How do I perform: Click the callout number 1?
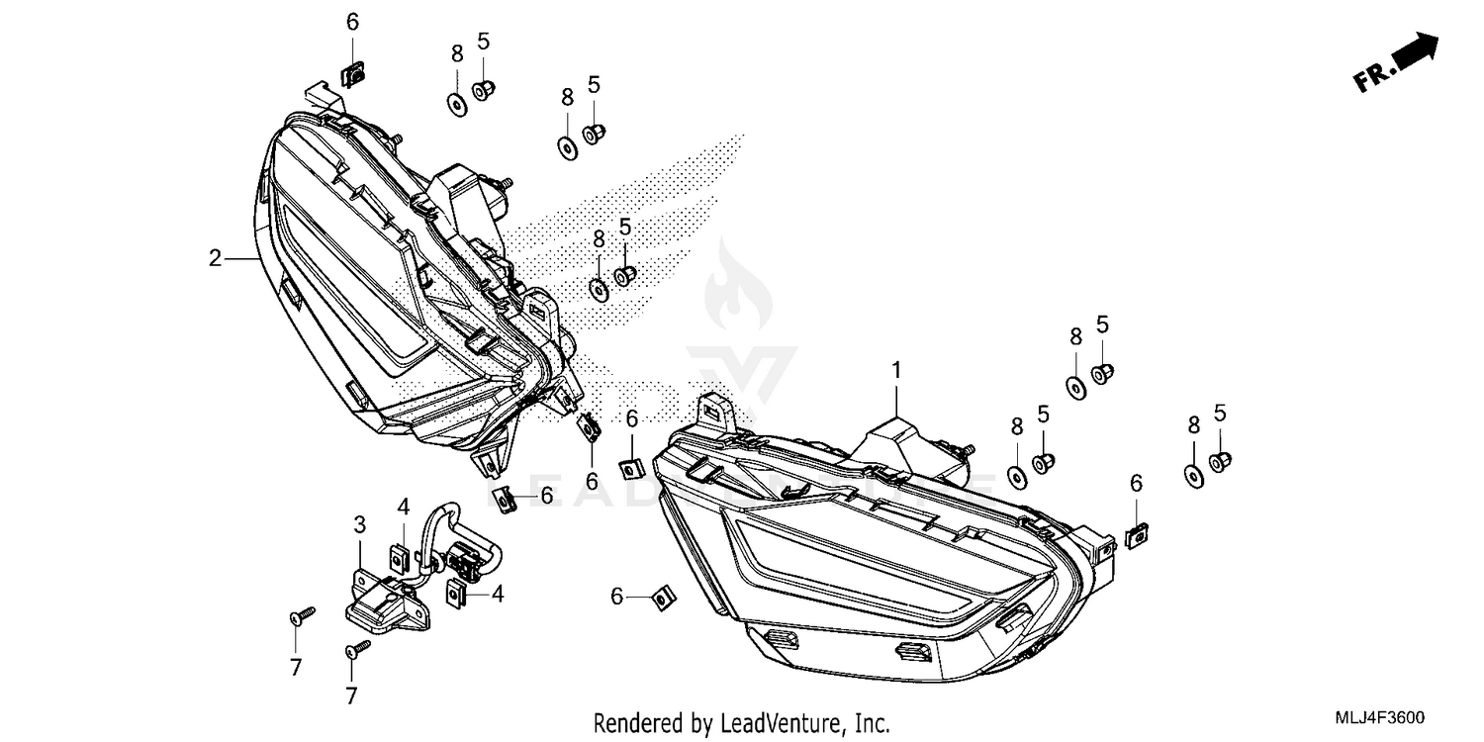tap(896, 371)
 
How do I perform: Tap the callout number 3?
tap(360, 524)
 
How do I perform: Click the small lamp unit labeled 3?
tap(388, 601)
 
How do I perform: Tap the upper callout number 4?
tap(404, 507)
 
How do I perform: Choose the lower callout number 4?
tap(498, 595)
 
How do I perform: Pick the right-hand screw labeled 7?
tap(357, 648)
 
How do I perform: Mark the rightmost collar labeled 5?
tap(1220, 460)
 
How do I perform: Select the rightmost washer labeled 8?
tap(1193, 474)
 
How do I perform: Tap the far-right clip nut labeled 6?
tap(1137, 534)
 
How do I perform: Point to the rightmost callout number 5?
tap(1220, 413)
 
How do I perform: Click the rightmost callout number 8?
tap(1193, 424)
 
